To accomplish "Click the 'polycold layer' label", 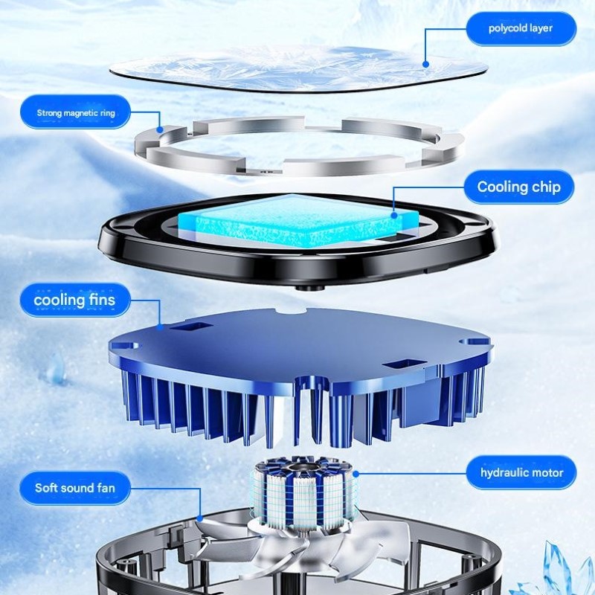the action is (521, 28).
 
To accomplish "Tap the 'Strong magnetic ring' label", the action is (76, 112).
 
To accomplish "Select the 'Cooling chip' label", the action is (518, 187).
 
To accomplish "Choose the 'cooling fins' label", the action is (74, 300).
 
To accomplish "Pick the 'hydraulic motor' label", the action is (521, 473).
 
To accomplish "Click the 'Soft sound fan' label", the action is (75, 488).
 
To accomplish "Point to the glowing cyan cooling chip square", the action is (298, 220).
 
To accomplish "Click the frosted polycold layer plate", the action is (299, 69).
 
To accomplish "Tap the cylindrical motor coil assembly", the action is (305, 492).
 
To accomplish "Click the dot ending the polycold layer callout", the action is (425, 65).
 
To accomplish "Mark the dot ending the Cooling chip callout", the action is (394, 216).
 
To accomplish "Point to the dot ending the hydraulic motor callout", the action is (356, 474).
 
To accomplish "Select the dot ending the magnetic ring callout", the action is (160, 129).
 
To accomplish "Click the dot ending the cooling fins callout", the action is (160, 327).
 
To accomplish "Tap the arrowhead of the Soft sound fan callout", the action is (199, 518).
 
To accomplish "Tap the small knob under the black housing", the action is (310, 288).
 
